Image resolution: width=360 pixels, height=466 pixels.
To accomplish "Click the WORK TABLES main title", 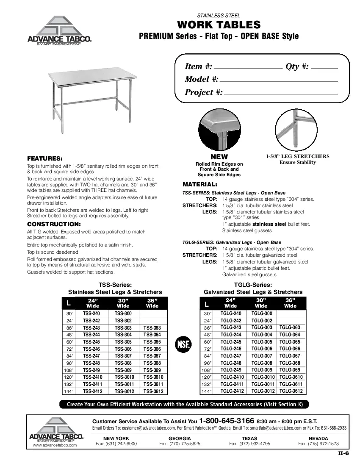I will click(x=219, y=25).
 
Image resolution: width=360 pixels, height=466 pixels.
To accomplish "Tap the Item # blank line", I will click(x=248, y=67).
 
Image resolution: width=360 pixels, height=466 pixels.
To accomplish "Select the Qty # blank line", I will click(x=324, y=67).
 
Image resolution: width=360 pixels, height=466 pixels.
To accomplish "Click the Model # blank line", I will click(x=279, y=80).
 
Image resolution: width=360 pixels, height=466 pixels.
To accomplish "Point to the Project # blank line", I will click(x=280, y=94).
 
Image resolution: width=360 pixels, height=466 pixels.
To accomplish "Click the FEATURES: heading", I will click(x=44, y=158).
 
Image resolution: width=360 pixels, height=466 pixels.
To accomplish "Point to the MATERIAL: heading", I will click(x=200, y=185).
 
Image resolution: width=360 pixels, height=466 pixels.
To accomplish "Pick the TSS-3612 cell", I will click(x=153, y=391).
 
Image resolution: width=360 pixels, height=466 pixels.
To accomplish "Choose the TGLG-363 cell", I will click(x=290, y=327).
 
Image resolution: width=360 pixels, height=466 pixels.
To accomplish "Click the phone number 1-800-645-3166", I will click(x=227, y=421).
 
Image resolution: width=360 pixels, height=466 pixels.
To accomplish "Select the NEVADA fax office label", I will click(x=318, y=438).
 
